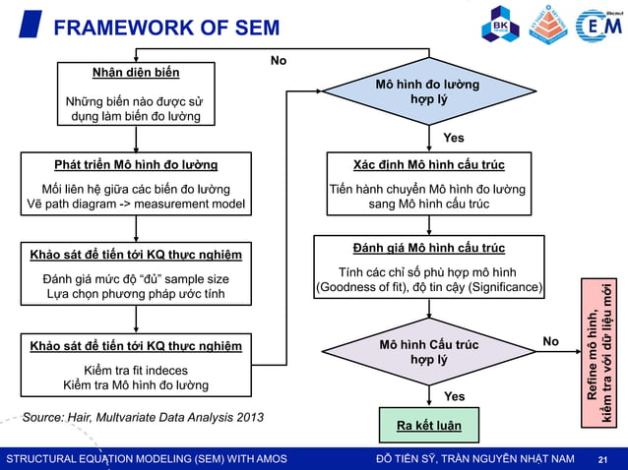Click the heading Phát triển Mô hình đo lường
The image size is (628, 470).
coord(136,163)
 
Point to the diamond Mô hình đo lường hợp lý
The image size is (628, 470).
coord(427,92)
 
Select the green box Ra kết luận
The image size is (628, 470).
coord(428,426)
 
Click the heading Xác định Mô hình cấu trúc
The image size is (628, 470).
coord(428,163)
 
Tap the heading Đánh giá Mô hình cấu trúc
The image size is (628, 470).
coord(428,248)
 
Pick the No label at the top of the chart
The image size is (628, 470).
coord(279,61)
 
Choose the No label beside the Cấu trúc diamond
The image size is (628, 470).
coord(551,341)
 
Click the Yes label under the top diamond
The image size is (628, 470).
coord(454,137)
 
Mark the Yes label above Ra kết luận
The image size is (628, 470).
coord(454,396)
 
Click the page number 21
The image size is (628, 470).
coord(604,459)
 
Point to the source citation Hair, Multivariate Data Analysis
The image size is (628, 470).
coord(143,417)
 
